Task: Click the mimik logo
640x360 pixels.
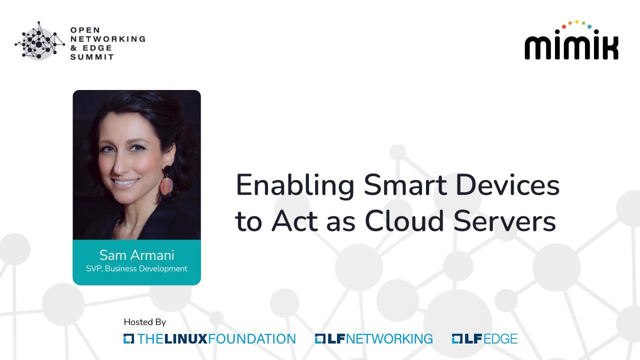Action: coord(571,40)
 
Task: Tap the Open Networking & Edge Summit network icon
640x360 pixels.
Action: coord(39,41)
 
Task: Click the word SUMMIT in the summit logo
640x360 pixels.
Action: coord(92,57)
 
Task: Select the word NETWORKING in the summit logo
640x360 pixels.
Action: coord(108,39)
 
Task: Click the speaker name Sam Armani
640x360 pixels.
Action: coord(136,255)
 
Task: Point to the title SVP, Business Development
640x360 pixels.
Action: coord(136,268)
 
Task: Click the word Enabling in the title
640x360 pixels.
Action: coord(295,186)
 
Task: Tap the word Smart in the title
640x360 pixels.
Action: coord(405,185)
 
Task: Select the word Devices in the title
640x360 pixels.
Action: coord(507,185)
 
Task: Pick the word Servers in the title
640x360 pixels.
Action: coord(504,221)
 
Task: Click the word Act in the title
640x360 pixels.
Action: coord(294,221)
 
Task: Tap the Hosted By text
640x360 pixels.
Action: coord(144,322)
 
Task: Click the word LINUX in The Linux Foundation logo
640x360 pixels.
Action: coord(185,339)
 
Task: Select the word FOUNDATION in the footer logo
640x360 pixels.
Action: coord(251,339)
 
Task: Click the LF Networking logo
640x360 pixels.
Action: coord(373,339)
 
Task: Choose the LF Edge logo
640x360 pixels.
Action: coord(484,339)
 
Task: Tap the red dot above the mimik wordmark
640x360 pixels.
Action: coord(563,26)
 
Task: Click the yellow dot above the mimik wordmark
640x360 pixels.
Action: coord(577,21)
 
